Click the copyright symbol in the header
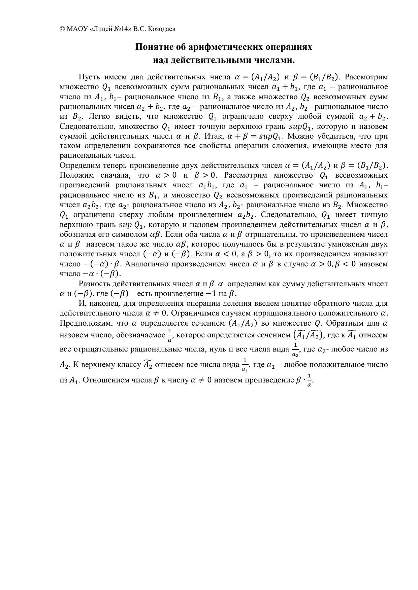click(62, 29)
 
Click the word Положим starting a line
click(75, 175)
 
